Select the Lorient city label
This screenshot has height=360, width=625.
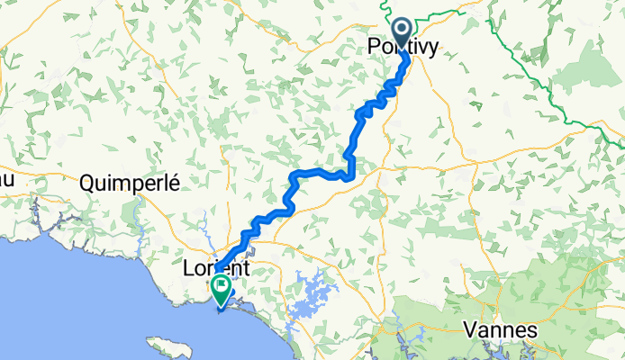[216, 268]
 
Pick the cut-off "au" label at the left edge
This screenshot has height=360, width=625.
[6, 180]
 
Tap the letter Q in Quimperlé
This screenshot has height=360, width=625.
[87, 183]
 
